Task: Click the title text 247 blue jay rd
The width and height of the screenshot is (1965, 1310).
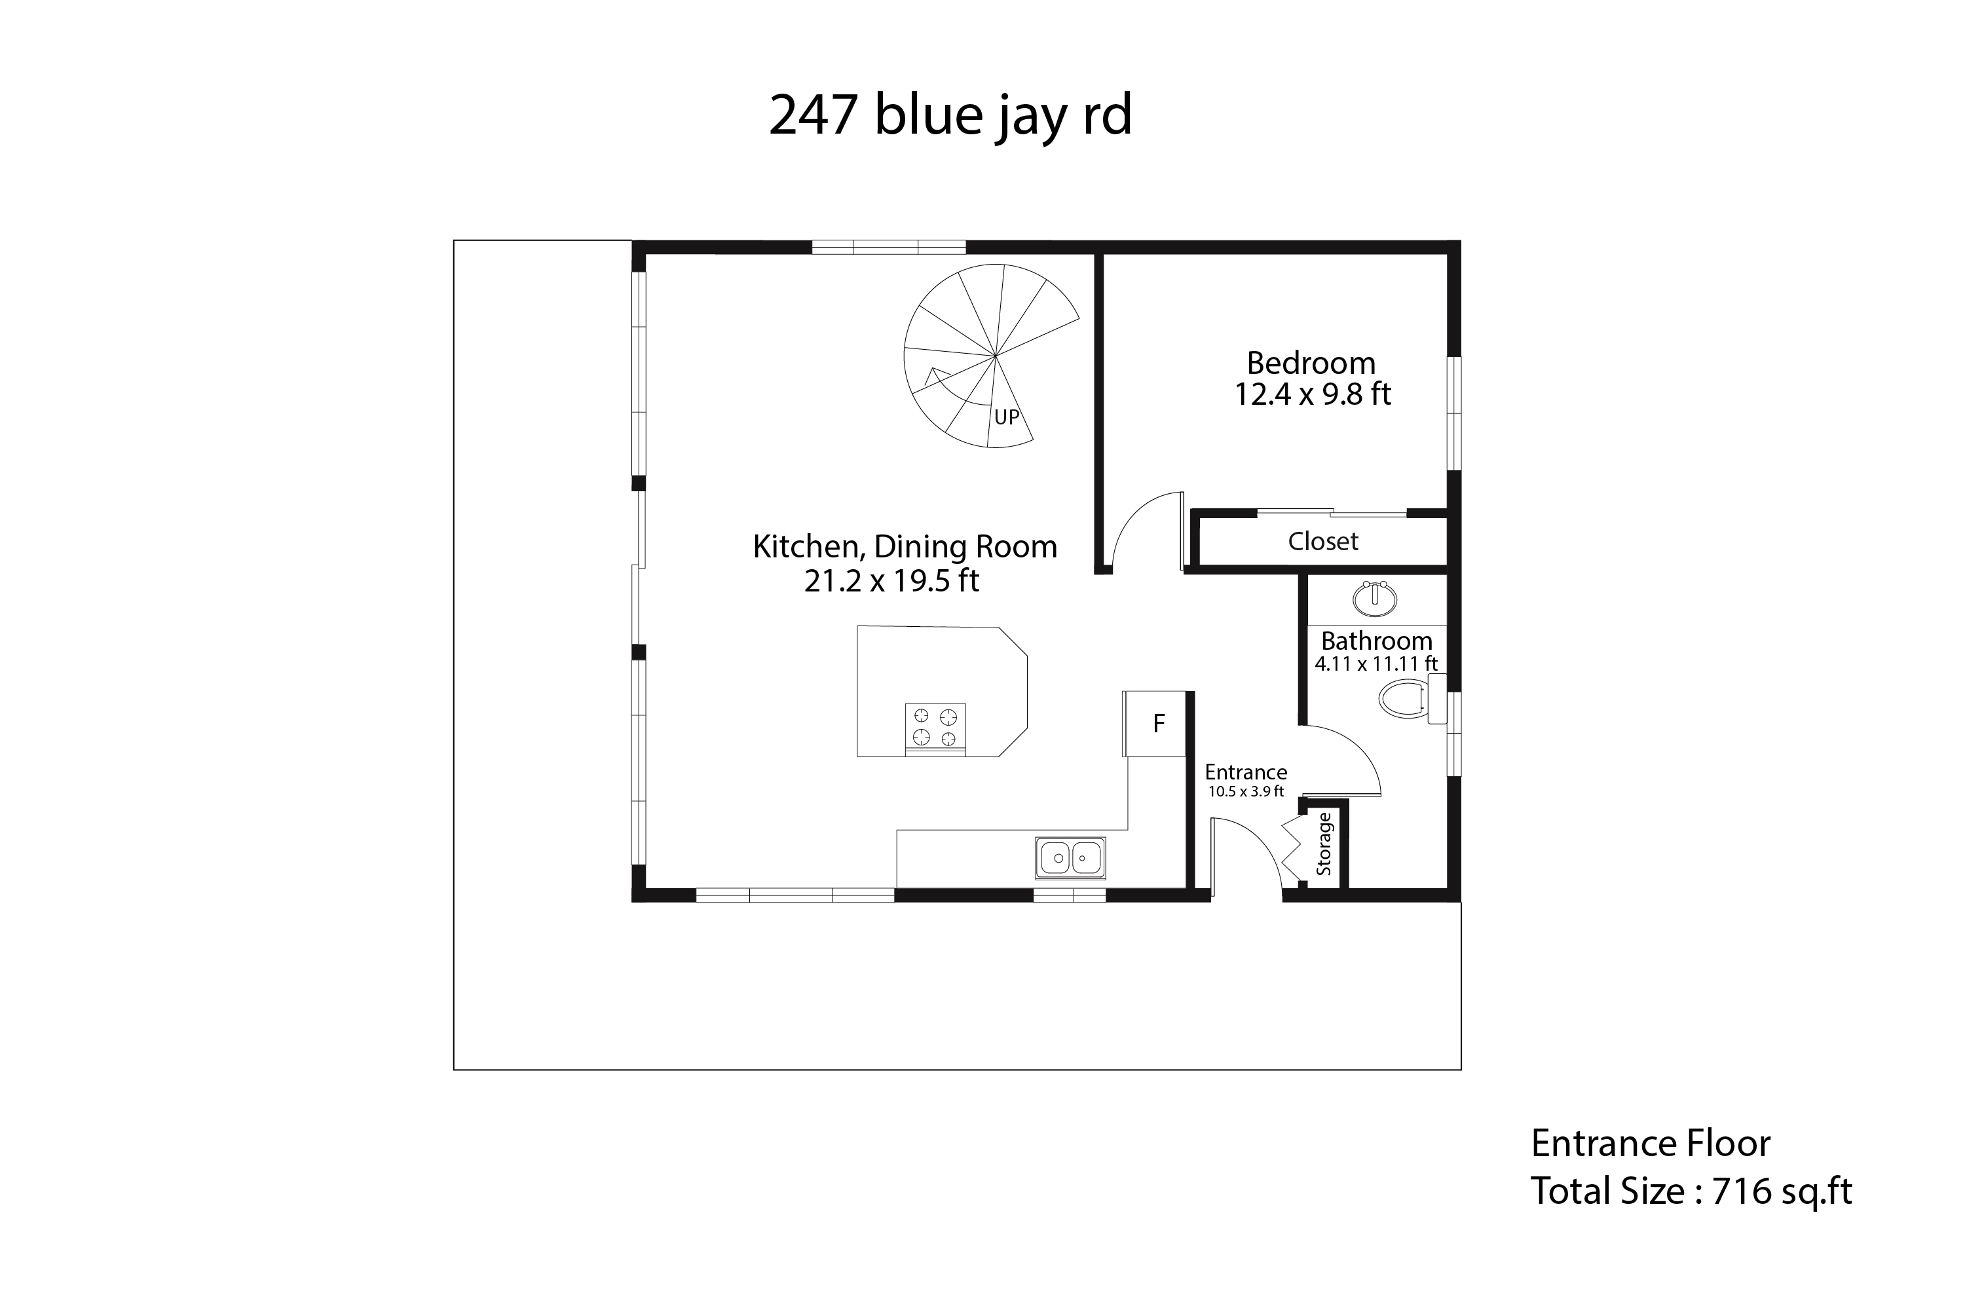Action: pos(950,116)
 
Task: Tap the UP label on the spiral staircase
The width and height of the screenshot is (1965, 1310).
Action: pos(1007,417)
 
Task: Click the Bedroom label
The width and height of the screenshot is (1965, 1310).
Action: pos(1311,364)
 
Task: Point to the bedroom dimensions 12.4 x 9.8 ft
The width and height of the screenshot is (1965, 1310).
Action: pos(1313,394)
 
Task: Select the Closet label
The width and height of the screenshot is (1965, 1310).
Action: pos(1323,542)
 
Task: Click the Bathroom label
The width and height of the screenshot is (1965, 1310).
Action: pos(1377,641)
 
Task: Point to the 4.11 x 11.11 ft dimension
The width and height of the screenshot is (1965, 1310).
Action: pos(1376,664)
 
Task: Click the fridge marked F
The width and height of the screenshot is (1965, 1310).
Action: pos(1155,724)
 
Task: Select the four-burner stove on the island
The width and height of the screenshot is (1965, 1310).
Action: pos(936,728)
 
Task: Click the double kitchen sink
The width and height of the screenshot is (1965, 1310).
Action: pos(1071,858)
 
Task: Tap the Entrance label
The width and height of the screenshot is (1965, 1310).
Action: pos(1246,772)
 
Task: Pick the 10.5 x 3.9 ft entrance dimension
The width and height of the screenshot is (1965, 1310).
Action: pos(1246,791)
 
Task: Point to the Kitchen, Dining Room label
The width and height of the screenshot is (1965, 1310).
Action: pos(905,547)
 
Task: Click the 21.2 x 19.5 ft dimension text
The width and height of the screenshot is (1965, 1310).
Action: pos(891,580)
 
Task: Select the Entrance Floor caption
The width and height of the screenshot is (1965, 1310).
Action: pos(1650,1144)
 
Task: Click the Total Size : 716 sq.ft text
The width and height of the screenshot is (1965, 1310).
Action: pos(1691,1191)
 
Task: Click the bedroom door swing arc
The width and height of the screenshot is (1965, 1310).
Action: pos(1132,513)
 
